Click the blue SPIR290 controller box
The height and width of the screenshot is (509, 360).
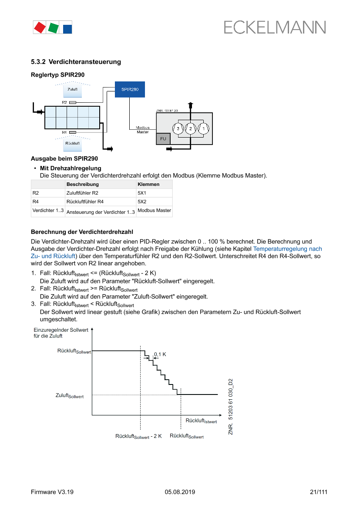(x=130, y=89)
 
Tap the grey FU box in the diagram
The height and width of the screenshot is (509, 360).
(x=163, y=138)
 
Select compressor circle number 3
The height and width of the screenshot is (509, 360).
(x=178, y=128)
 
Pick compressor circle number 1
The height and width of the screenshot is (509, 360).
(x=203, y=128)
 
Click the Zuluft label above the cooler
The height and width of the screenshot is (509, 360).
(x=72, y=89)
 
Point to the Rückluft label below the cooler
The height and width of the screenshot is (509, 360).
(x=72, y=143)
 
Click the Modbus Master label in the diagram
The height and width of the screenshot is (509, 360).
(x=142, y=130)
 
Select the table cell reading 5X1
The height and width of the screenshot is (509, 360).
(x=142, y=192)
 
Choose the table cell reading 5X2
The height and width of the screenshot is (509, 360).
(x=142, y=202)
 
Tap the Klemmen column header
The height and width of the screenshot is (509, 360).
(x=148, y=184)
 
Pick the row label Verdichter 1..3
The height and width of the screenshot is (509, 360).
(x=48, y=211)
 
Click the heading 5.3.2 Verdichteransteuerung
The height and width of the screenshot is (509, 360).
(x=76, y=62)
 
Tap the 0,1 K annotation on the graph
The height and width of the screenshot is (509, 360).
(x=160, y=354)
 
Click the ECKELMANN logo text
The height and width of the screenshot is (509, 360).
(x=275, y=28)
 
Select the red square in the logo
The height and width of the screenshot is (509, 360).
(x=40, y=28)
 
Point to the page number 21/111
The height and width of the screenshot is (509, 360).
(x=318, y=492)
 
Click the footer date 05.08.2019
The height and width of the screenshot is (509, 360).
(x=180, y=492)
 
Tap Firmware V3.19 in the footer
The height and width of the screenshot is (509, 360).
(x=52, y=492)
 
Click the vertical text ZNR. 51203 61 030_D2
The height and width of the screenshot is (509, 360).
(x=231, y=406)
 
